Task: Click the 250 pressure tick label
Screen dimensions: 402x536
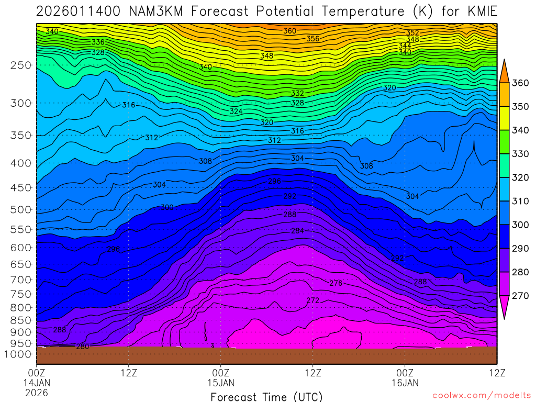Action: (x=21, y=65)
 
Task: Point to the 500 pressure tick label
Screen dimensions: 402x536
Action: (x=21, y=210)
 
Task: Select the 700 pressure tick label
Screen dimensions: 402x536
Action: (x=21, y=279)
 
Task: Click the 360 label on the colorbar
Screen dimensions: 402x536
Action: (x=520, y=83)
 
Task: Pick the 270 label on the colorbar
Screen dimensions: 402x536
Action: (x=520, y=296)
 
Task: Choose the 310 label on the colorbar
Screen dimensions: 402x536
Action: (x=520, y=201)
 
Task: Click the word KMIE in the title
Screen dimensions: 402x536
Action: (x=477, y=11)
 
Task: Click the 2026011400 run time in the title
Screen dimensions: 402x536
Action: (x=79, y=11)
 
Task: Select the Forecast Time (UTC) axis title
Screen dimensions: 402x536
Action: (x=266, y=396)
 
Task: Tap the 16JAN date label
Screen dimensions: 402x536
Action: (x=405, y=383)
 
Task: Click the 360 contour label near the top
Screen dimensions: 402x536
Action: (x=290, y=31)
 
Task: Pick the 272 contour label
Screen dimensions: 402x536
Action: (x=312, y=300)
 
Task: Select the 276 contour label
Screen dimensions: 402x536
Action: (x=336, y=283)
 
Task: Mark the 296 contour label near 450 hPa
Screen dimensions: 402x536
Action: (x=275, y=181)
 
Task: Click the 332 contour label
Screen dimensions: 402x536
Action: (x=297, y=93)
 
